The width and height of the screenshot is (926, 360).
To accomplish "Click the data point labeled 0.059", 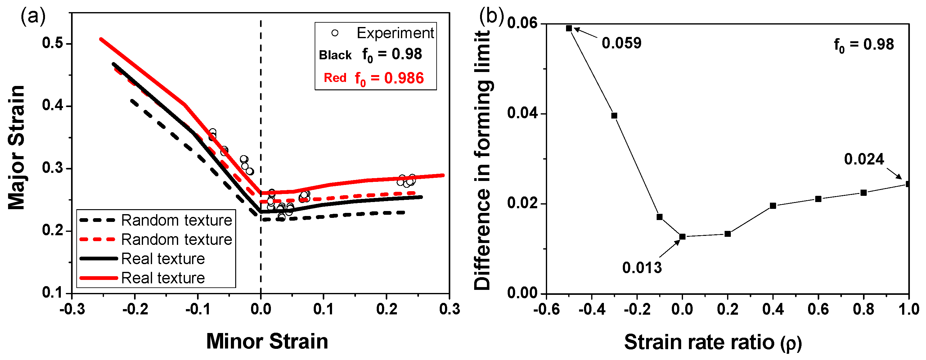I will pyautogui.click(x=569, y=29).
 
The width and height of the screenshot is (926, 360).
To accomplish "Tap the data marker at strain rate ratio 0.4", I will pyautogui.click(x=773, y=206).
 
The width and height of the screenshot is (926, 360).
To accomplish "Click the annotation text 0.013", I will pyautogui.click(x=642, y=268).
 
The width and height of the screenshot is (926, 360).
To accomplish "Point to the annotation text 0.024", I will pyautogui.click(x=864, y=159).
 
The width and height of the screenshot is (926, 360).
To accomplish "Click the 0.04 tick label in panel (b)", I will pyautogui.click(x=522, y=113).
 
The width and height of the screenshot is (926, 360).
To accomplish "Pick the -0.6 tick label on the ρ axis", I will pyautogui.click(x=546, y=309).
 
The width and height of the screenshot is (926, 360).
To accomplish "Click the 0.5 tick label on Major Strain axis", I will pyautogui.click(x=52, y=43).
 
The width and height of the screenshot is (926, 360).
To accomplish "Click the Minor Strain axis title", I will pyautogui.click(x=267, y=341).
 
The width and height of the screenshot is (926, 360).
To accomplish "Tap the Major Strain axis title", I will pyautogui.click(x=16, y=147).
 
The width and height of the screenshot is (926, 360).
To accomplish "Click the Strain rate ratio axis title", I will pyautogui.click(x=713, y=342).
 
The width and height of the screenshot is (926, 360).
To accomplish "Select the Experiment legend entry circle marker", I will pyautogui.click(x=335, y=33).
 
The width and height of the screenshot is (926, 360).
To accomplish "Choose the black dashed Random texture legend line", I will pyautogui.click(x=97, y=220).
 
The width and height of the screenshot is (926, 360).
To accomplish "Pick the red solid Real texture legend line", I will pyautogui.click(x=98, y=278).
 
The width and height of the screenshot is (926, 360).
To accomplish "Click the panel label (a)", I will pyautogui.click(x=33, y=16).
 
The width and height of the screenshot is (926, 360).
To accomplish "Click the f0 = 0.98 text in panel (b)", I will pyautogui.click(x=864, y=45).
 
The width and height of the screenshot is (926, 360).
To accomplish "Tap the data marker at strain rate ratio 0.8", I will pyautogui.click(x=863, y=193).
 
